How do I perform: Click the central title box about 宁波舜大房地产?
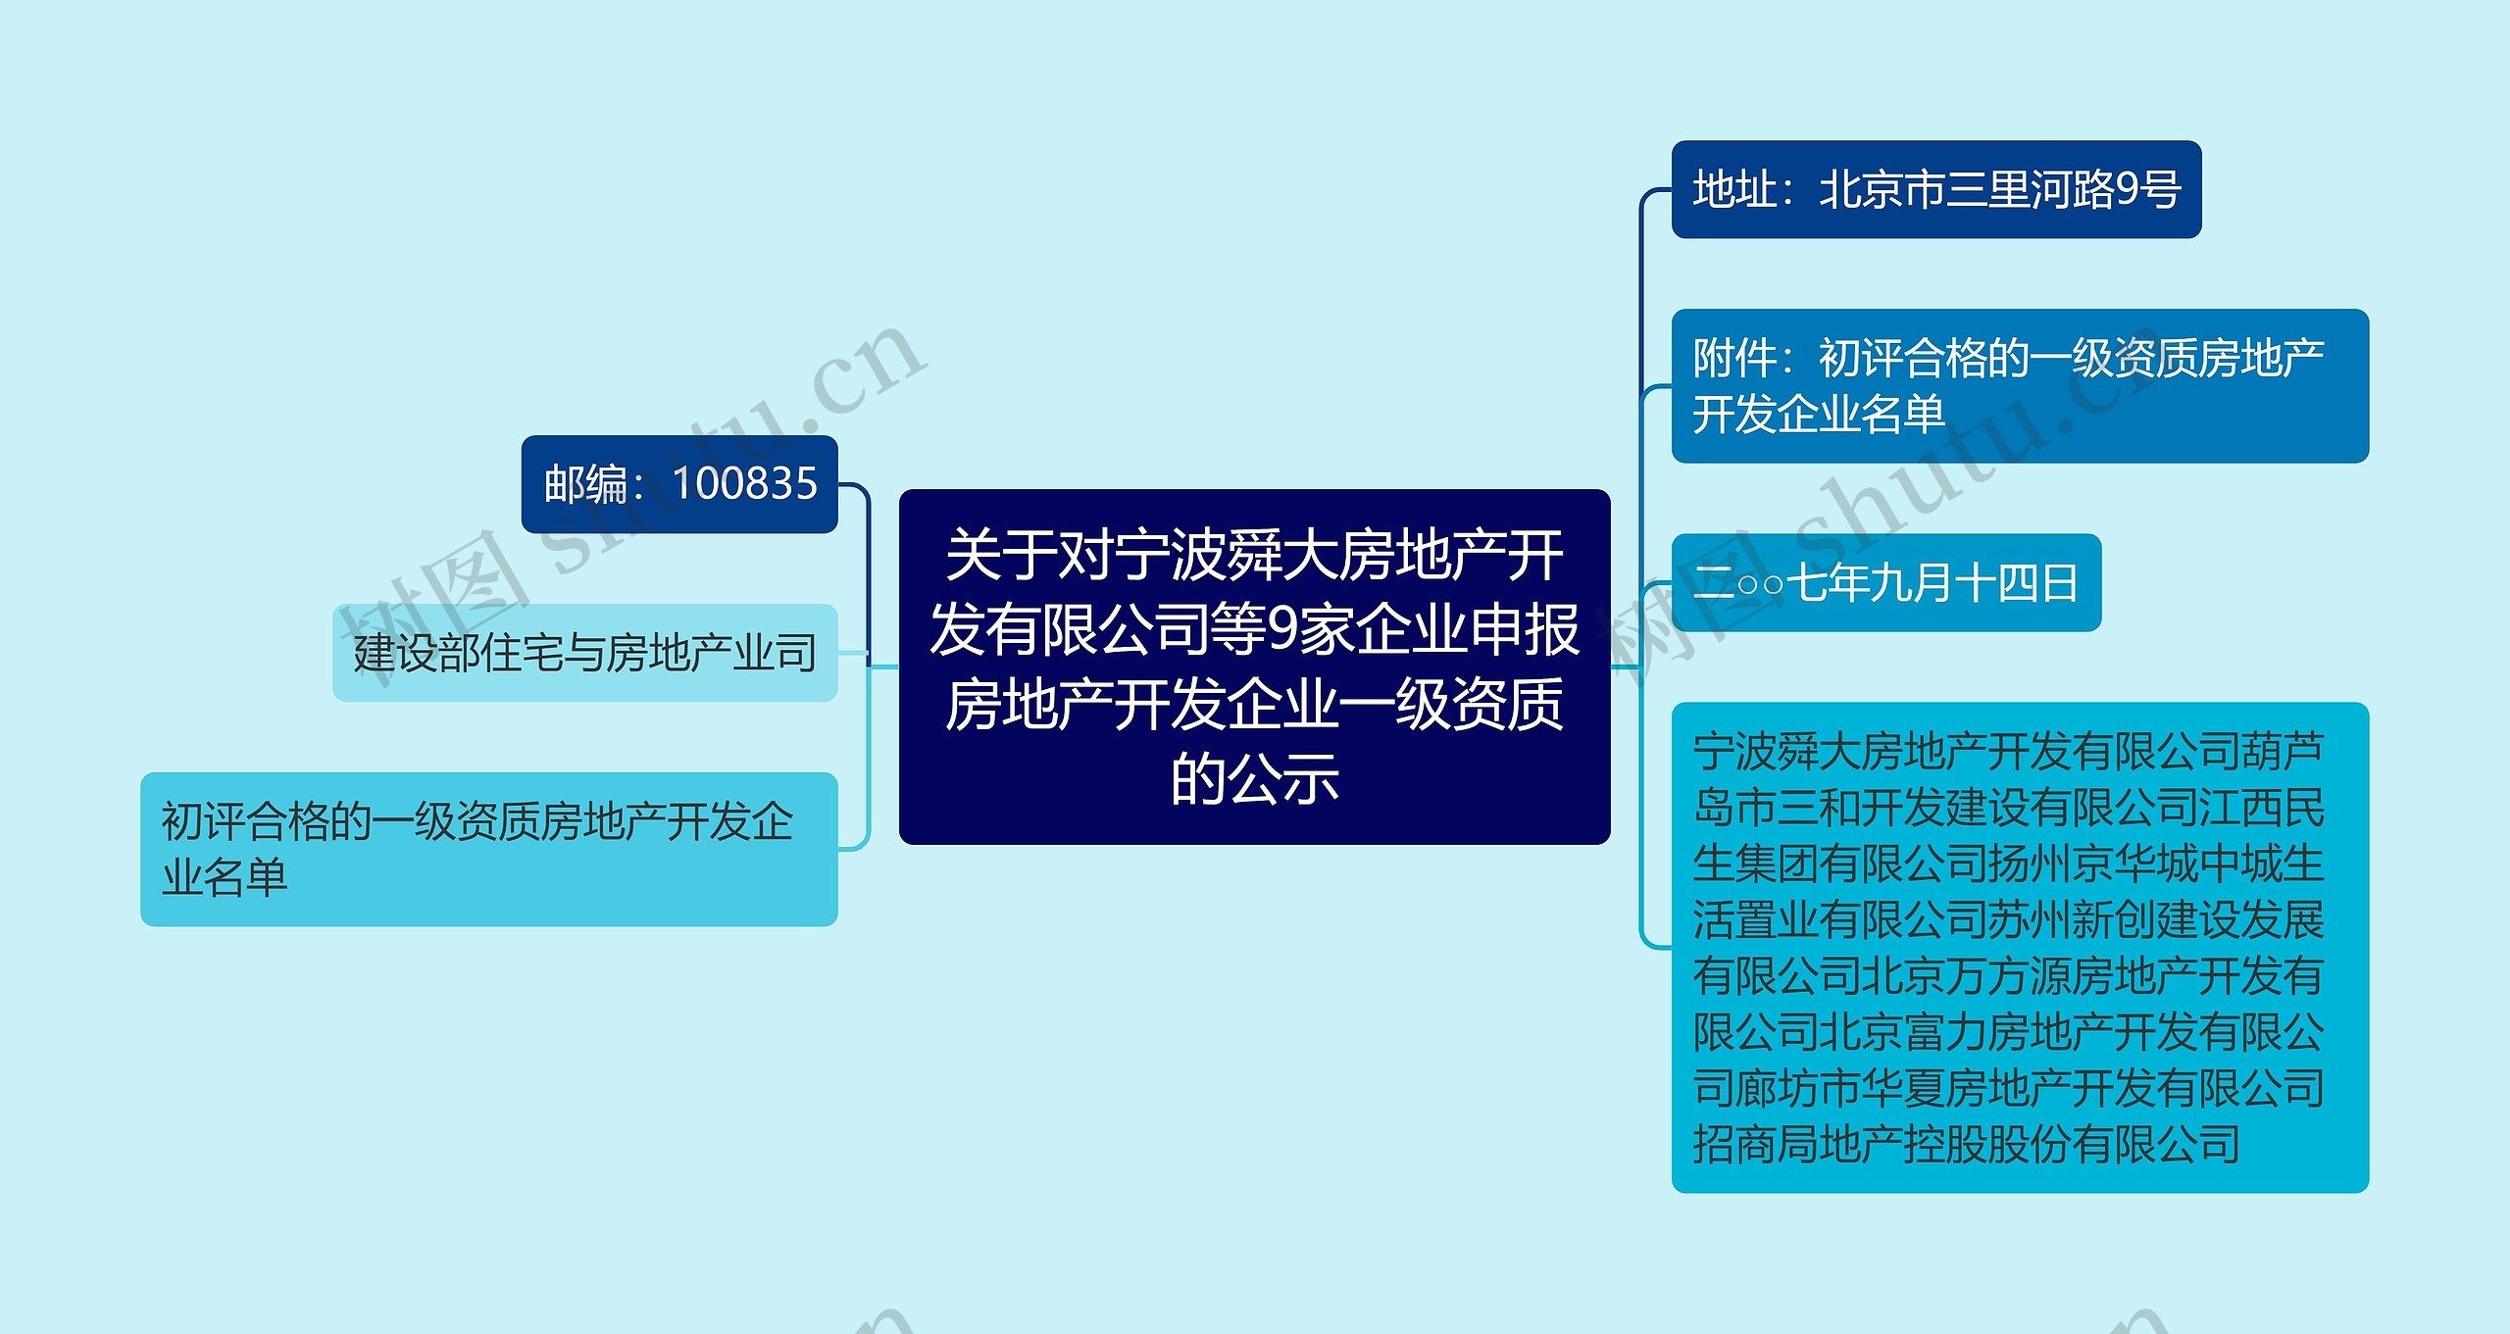(1254, 667)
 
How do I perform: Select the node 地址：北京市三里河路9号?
(1935, 189)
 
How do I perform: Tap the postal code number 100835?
(745, 483)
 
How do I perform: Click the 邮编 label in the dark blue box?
(586, 484)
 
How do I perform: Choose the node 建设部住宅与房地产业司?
(584, 653)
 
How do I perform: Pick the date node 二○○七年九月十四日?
(1885, 583)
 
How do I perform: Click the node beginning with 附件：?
(2019, 385)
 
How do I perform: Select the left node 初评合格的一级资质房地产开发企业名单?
(488, 849)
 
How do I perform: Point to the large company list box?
(2019, 947)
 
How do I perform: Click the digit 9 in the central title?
(1282, 629)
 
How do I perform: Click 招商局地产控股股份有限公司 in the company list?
(1966, 1144)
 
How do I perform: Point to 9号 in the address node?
(2147, 189)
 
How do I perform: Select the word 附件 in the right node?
(1734, 358)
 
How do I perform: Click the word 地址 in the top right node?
(1734, 189)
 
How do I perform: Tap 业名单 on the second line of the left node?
(225, 877)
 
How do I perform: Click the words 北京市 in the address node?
(1882, 189)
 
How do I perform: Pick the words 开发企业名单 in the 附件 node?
(1819, 414)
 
